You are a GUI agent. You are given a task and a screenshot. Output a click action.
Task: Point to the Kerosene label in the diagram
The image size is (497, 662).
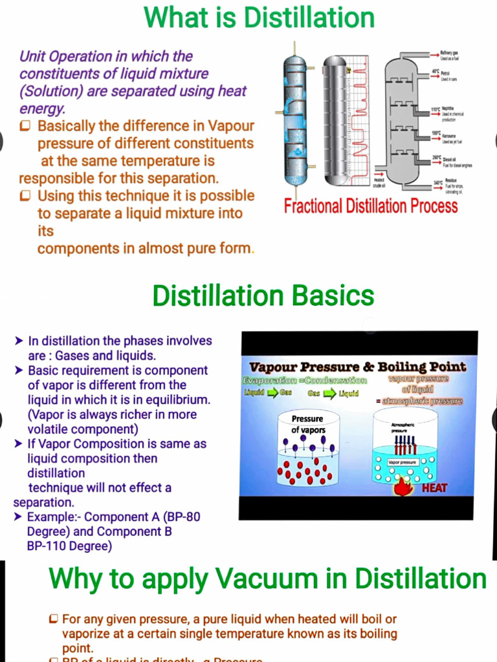[450, 136]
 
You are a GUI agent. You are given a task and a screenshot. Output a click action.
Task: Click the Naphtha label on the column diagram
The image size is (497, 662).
[448, 109]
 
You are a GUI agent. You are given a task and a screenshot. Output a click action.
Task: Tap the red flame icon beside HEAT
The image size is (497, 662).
[404, 486]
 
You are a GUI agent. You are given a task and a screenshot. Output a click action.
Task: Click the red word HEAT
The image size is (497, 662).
[434, 488]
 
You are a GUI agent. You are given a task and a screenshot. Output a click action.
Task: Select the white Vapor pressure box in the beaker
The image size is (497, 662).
[403, 463]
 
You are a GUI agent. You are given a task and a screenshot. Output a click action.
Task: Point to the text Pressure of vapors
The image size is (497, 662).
[308, 425]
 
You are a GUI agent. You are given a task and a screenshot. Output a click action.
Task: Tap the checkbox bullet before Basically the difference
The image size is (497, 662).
[26, 126]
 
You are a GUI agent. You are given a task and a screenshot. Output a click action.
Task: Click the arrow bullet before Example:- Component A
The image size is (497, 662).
[19, 517]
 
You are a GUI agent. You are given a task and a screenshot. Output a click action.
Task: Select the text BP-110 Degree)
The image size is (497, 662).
[69, 546]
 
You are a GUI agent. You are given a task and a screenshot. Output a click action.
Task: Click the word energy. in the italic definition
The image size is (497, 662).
[42, 109]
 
